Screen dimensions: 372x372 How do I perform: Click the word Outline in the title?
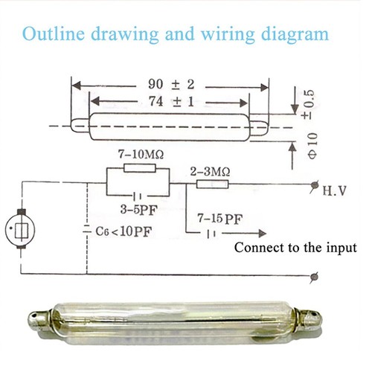(x=54, y=33)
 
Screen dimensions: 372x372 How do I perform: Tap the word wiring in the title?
(x=228, y=35)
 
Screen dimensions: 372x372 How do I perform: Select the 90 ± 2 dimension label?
(x=171, y=84)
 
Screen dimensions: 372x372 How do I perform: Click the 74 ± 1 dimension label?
(x=171, y=101)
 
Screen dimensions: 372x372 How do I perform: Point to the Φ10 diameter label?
(x=312, y=146)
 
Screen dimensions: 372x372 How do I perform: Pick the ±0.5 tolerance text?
(x=310, y=104)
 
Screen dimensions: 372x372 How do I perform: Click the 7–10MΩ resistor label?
(x=141, y=155)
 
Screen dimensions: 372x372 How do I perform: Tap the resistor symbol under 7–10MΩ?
(x=140, y=168)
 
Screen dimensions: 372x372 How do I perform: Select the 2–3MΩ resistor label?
(x=210, y=172)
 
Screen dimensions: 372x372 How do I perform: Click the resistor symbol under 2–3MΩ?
(x=212, y=185)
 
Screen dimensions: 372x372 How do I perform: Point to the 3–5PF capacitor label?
(x=139, y=210)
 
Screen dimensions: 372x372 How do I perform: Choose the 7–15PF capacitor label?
(x=219, y=219)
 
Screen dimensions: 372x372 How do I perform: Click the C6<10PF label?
(x=124, y=231)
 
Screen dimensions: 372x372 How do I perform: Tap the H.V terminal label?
(x=334, y=190)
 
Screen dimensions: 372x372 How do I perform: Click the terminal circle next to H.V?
(x=315, y=185)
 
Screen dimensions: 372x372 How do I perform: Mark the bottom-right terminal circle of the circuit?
(x=315, y=276)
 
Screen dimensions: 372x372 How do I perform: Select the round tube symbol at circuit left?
(x=20, y=229)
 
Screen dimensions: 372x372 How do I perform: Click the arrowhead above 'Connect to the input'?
(x=263, y=234)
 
